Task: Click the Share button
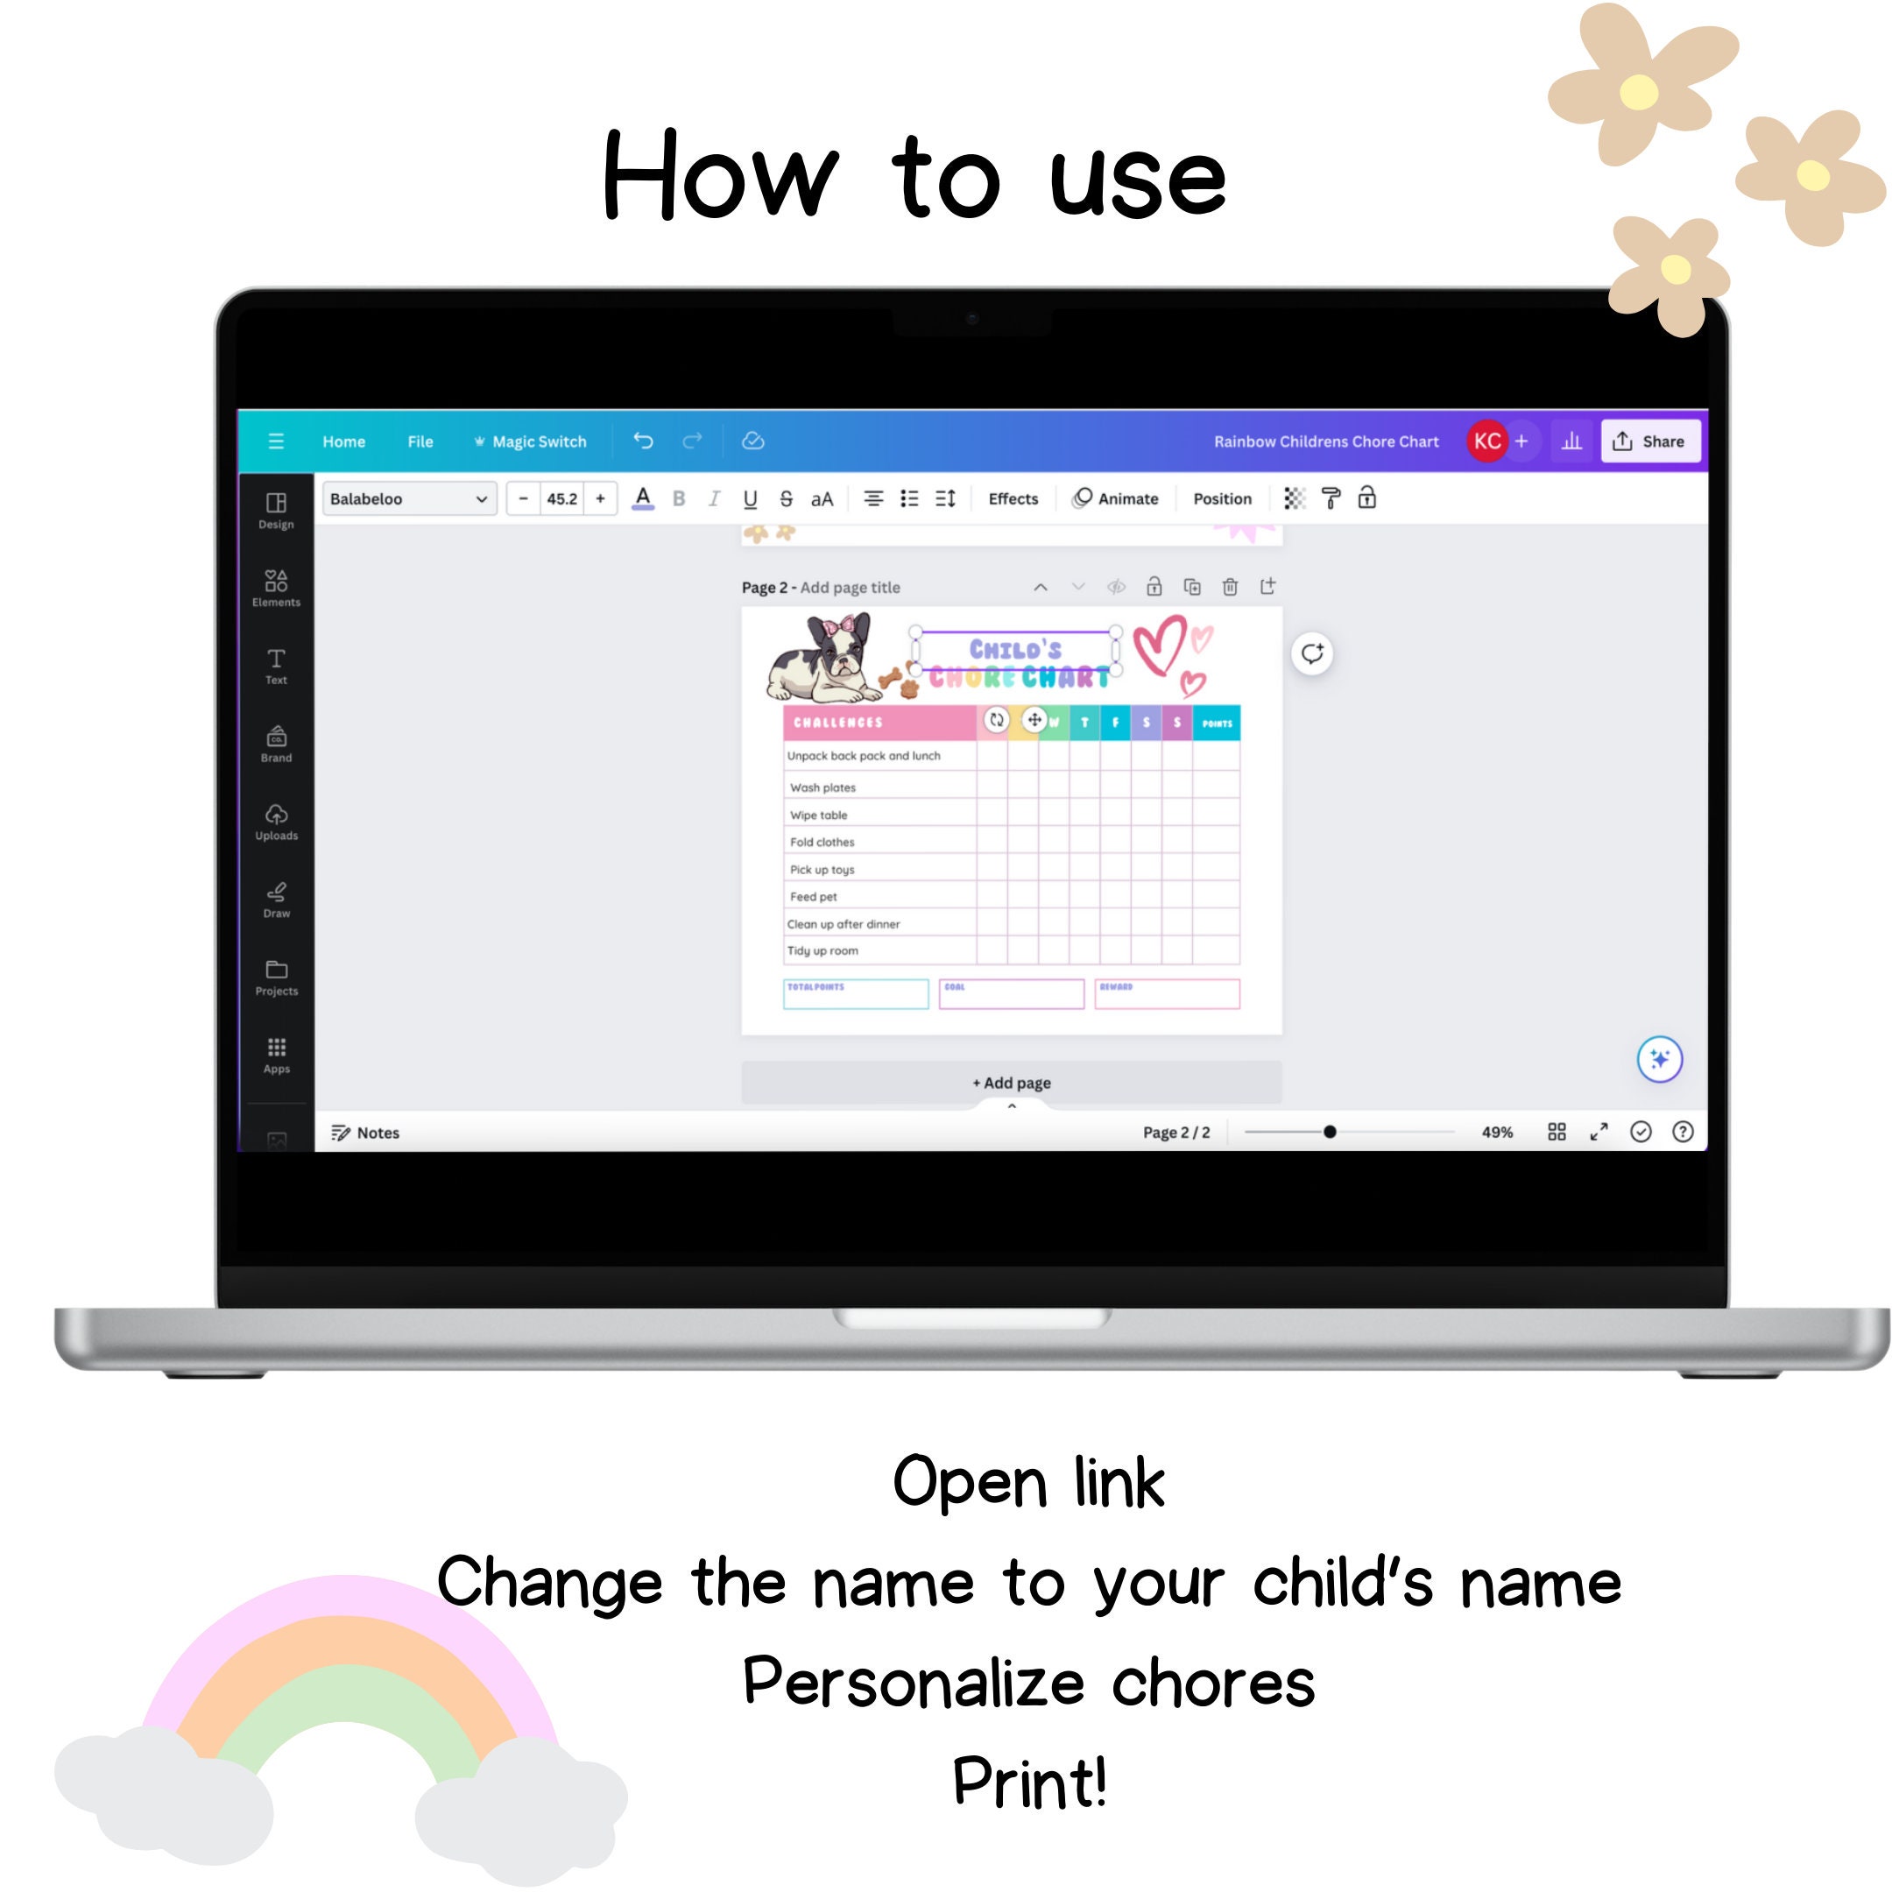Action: [1651, 441]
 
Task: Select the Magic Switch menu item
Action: [531, 441]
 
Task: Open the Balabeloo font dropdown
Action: [409, 498]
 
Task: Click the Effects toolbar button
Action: [1013, 498]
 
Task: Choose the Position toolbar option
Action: [1221, 498]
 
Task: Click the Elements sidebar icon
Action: [276, 588]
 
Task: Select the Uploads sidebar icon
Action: [276, 821]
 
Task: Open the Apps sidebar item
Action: [276, 1055]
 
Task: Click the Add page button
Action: [1011, 1082]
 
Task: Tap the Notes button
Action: [365, 1132]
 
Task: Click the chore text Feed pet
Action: [813, 896]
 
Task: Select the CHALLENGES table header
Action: [838, 723]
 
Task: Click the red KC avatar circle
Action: [1486, 441]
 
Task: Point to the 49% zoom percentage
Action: [1496, 1132]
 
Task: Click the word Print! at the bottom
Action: [1028, 1782]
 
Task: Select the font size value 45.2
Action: [562, 498]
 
